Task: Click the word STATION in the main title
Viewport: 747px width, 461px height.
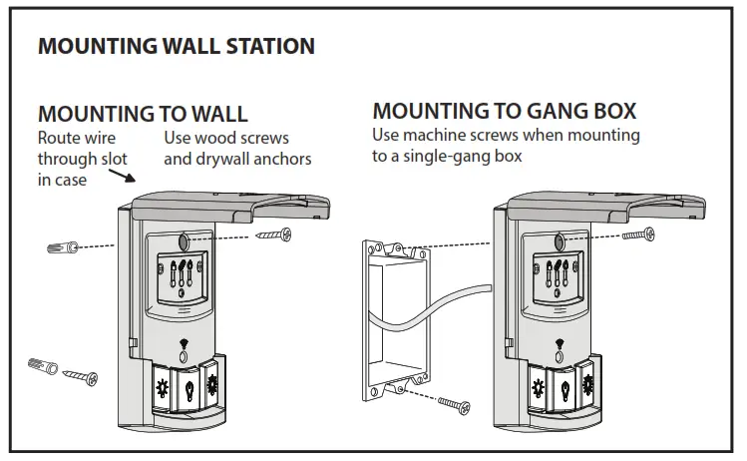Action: (264, 46)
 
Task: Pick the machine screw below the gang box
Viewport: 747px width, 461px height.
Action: (455, 404)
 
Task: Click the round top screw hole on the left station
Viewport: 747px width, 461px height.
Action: (186, 239)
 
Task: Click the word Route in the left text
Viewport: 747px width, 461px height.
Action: (60, 137)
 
